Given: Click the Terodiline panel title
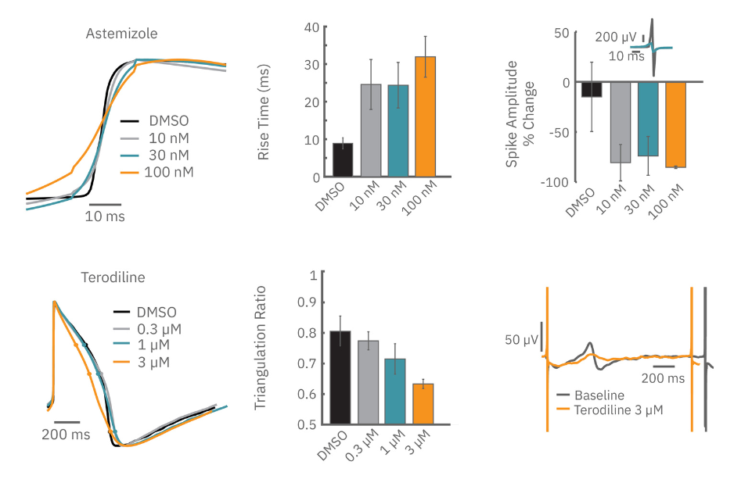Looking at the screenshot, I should coord(113,277).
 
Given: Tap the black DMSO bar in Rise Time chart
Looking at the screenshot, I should coord(343,159).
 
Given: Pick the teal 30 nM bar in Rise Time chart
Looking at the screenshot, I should coord(398,131).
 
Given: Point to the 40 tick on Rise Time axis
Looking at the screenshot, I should coord(311,27).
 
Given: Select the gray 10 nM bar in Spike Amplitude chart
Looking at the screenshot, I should coord(621,122).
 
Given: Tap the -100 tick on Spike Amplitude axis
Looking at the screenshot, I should coord(557,181).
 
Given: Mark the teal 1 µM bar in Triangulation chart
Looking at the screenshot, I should coord(395,391).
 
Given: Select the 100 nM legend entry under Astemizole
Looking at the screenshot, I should coord(168,172).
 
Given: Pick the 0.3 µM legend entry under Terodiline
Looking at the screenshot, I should coord(164,328).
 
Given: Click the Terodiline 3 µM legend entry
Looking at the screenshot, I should coord(618,410).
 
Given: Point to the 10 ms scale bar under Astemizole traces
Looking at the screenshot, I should coord(104,205).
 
